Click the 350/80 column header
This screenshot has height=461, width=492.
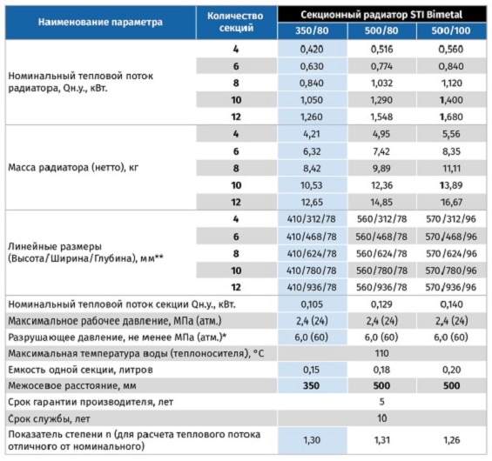pos(312,30)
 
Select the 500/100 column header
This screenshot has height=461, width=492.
pos(451,30)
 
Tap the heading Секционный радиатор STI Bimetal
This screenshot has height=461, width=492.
pos(381,15)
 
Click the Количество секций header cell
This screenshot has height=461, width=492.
pos(235,22)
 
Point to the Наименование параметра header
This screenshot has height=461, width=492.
pos(100,23)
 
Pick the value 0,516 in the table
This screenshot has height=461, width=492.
pos(381,50)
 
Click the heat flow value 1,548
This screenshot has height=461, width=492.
pos(381,117)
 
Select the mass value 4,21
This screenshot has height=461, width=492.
pos(312,134)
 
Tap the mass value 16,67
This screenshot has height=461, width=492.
pos(451,202)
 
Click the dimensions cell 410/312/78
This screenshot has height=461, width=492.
pos(312,219)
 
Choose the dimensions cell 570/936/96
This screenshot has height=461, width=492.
pos(451,287)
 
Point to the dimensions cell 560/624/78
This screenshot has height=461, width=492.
pos(381,253)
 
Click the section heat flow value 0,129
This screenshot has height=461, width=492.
pos(381,304)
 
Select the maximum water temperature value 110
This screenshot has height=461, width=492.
pos(381,353)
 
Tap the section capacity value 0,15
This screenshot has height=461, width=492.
pos(311,370)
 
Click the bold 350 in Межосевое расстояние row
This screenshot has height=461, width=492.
pos(311,386)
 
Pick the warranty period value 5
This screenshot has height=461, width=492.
pos(381,402)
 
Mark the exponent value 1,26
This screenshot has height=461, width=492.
pos(452,440)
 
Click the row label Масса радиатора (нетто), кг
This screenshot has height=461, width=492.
pos(73,168)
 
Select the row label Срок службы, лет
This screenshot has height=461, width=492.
pos(49,418)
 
